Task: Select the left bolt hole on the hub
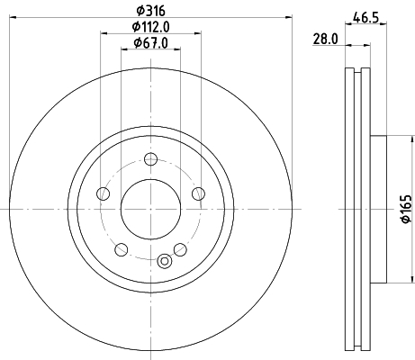click(103, 193)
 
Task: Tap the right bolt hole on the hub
click(197, 193)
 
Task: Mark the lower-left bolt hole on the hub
click(121, 248)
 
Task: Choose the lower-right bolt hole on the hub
click(180, 248)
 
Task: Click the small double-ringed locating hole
click(164, 262)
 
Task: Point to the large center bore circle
click(149, 209)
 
